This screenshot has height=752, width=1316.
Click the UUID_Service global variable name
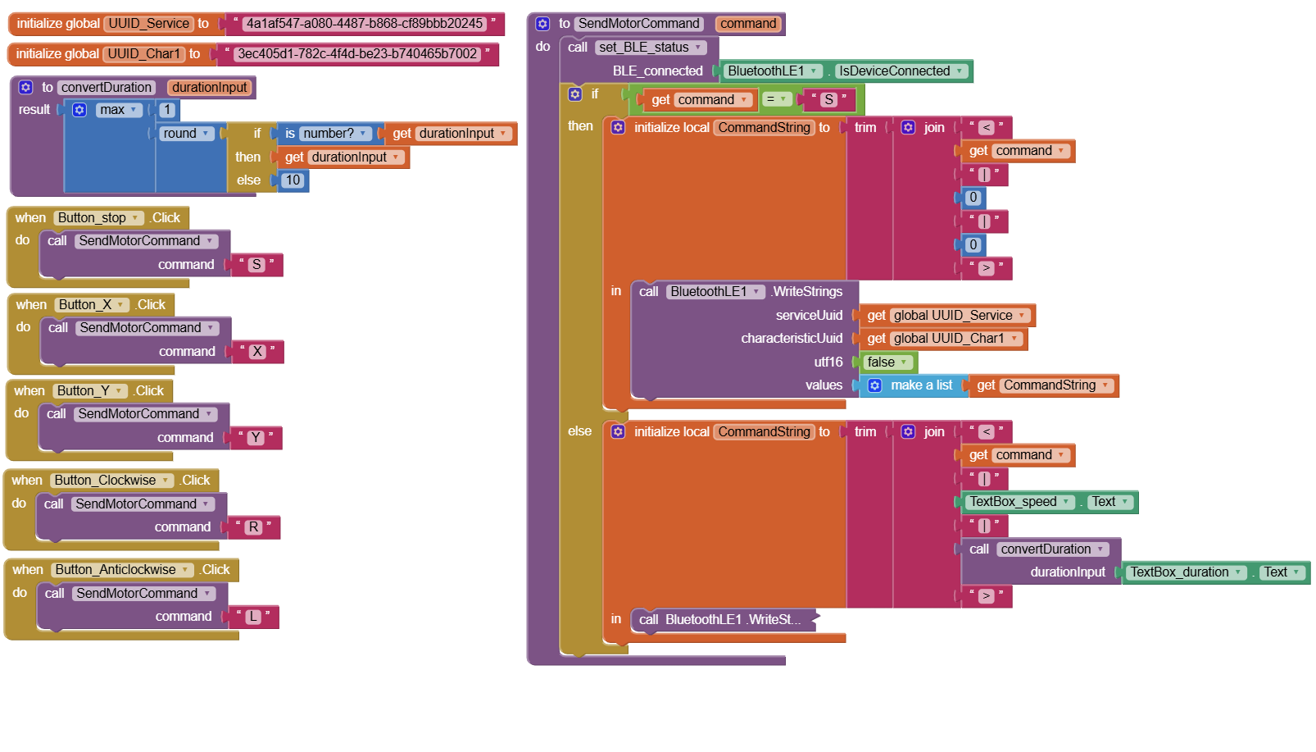pyautogui.click(x=148, y=24)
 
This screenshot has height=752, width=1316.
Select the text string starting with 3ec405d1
pyautogui.click(x=357, y=54)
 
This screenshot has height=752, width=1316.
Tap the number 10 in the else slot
pyautogui.click(x=293, y=180)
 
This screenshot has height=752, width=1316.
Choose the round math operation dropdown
pyautogui.click(x=186, y=134)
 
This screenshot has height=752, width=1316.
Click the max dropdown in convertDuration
pyautogui.click(x=117, y=110)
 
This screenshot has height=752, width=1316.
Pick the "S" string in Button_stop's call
pyautogui.click(x=256, y=265)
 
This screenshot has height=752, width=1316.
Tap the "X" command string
pyautogui.click(x=257, y=352)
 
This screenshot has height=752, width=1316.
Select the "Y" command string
pyautogui.click(x=256, y=437)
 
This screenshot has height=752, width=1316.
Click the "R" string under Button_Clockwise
pyautogui.click(x=253, y=527)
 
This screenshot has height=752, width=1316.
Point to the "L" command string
pyautogui.click(x=252, y=617)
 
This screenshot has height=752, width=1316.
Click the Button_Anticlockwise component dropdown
pyautogui.click(x=121, y=570)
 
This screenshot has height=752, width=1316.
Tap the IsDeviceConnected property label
pyautogui.click(x=901, y=71)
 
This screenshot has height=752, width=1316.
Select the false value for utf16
pyautogui.click(x=887, y=362)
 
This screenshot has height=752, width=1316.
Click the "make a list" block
pyautogui.click(x=914, y=385)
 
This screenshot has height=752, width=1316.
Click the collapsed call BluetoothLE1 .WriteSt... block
pyautogui.click(x=724, y=620)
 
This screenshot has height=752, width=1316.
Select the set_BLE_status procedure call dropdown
pyautogui.click(x=650, y=48)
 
